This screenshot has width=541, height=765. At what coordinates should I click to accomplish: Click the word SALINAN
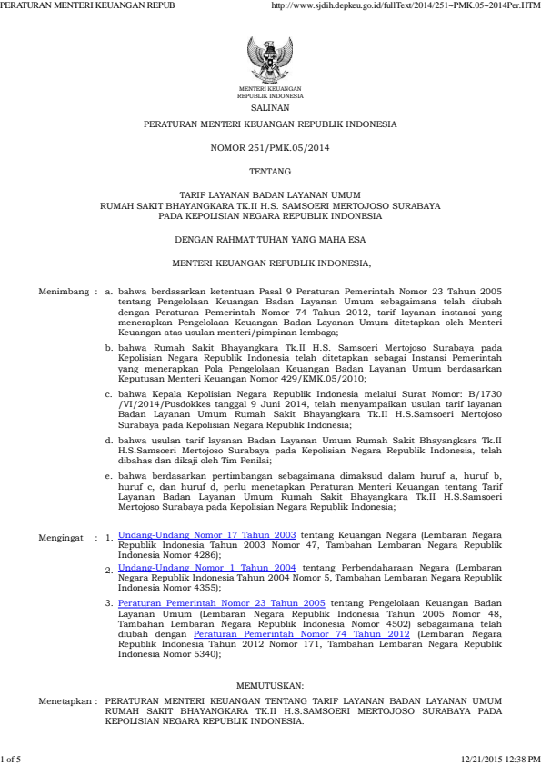coord(270,106)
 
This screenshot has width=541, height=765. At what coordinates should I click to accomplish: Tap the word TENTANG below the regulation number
coord(270,171)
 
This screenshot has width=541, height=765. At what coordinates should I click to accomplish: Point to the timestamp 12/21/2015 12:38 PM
coord(501,758)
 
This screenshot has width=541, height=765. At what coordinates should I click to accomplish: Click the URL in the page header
coord(406,5)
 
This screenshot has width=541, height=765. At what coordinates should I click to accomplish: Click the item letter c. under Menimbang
coord(109,395)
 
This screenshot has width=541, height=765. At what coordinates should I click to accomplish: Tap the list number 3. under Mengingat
coord(109,602)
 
